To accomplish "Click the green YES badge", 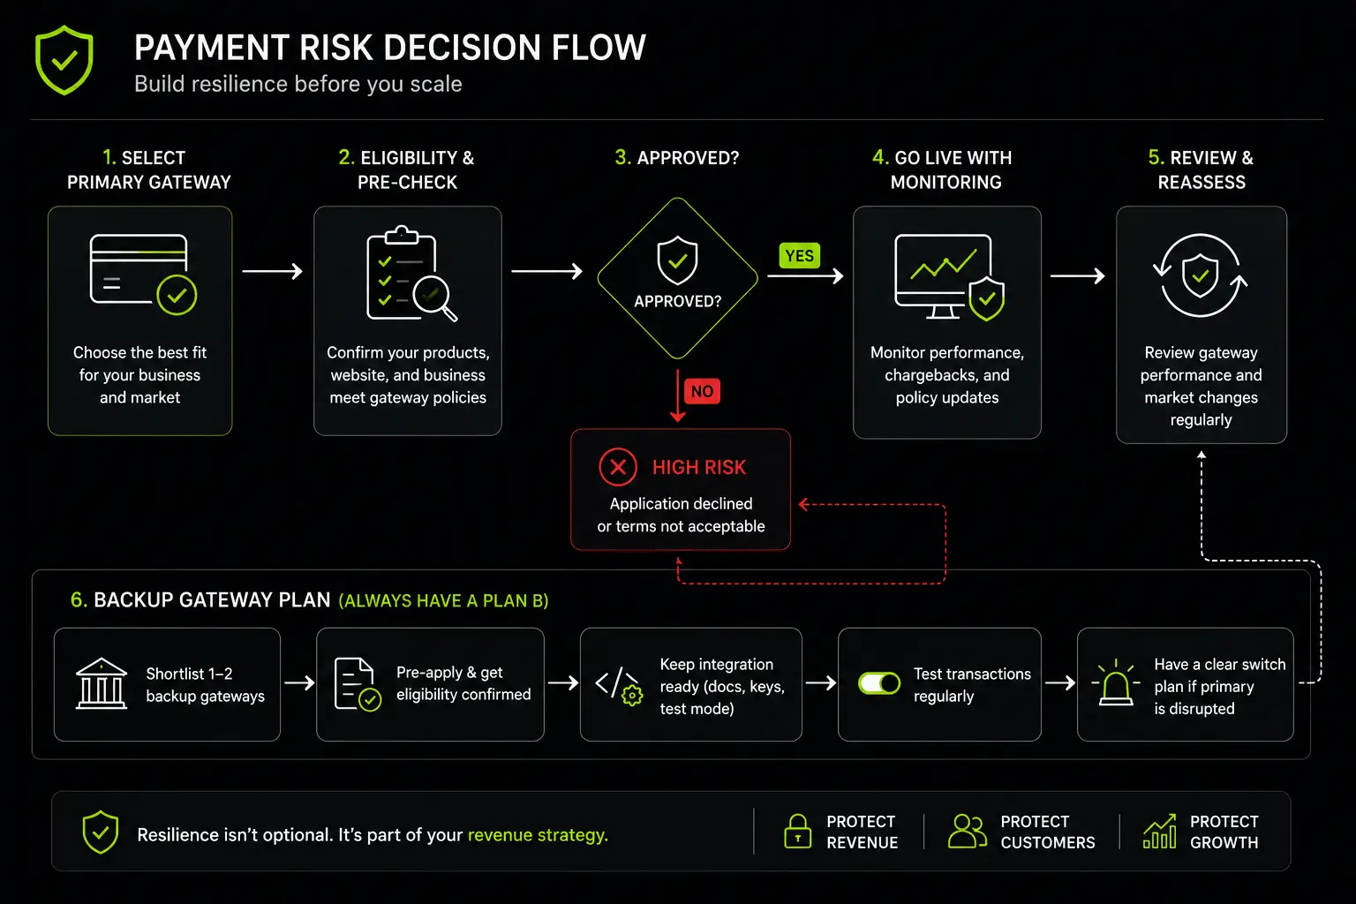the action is coord(800,255).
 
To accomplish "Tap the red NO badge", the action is coord(702,391).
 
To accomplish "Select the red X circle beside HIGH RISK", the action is coord(617,467).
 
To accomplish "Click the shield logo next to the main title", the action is coord(64,59).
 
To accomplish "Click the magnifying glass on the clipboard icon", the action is coord(434,298).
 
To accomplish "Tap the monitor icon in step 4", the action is coord(949,277).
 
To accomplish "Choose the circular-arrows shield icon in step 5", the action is coord(1201,275).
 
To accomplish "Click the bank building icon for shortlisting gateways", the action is coord(102,683).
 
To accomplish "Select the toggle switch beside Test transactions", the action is coord(879,683).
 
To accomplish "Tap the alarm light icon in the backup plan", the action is coord(1116,683).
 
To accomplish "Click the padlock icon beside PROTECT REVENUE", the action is coord(797,831).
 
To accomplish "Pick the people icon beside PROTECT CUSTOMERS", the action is coord(968,831).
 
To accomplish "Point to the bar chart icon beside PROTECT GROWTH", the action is coord(1159,831).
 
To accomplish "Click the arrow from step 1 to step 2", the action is coord(273,271).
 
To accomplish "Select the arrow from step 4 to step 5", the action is coord(1078,275).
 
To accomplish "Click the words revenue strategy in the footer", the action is coord(538,835).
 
